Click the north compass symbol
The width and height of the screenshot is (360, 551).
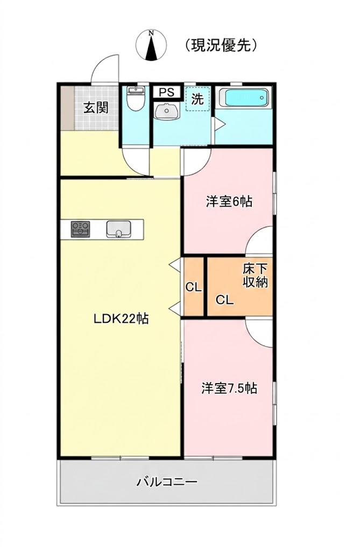pyautogui.click(x=151, y=45)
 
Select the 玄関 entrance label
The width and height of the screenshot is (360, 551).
pyautogui.click(x=96, y=107)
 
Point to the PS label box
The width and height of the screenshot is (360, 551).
pyautogui.click(x=166, y=91)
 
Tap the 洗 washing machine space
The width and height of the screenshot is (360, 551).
pyautogui.click(x=197, y=99)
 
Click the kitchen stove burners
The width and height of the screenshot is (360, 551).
pyautogui.click(x=81, y=229)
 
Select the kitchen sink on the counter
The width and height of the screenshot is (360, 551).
pyautogui.click(x=118, y=229)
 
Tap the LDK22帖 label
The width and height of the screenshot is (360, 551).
pyautogui.click(x=121, y=319)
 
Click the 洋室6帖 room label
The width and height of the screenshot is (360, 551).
pyautogui.click(x=229, y=202)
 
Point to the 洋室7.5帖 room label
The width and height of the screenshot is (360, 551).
pyautogui.click(x=229, y=388)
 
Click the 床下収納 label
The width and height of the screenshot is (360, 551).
pyautogui.click(x=255, y=275)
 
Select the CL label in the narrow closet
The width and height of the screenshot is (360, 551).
pyautogui.click(x=193, y=287)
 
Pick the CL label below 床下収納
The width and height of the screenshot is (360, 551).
pyautogui.click(x=224, y=300)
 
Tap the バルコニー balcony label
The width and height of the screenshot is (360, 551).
pyautogui.click(x=167, y=482)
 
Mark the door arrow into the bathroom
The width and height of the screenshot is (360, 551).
pyautogui.click(x=220, y=124)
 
